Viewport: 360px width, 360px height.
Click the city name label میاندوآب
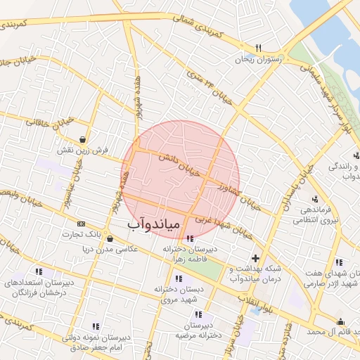coord(155,224)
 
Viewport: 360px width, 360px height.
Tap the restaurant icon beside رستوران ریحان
coord(258,48)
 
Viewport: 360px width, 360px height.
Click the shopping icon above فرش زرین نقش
coord(84,139)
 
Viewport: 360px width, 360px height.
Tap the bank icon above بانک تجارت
coord(82,224)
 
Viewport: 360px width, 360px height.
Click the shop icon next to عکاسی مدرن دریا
coord(110,238)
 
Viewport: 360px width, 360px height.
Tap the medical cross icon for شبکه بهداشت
coord(256,258)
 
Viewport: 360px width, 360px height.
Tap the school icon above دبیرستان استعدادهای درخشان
coord(39,271)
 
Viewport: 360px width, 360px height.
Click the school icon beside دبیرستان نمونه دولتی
coord(96,326)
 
